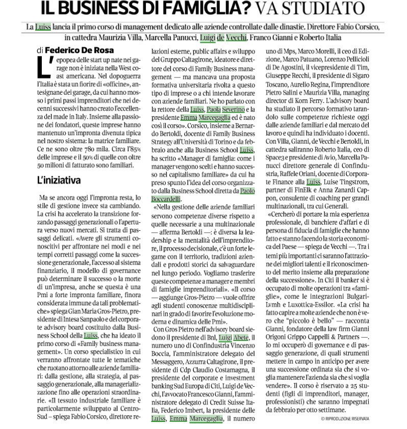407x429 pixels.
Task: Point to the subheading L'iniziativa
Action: coord(59,180)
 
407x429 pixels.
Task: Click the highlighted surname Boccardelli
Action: coord(167,199)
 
